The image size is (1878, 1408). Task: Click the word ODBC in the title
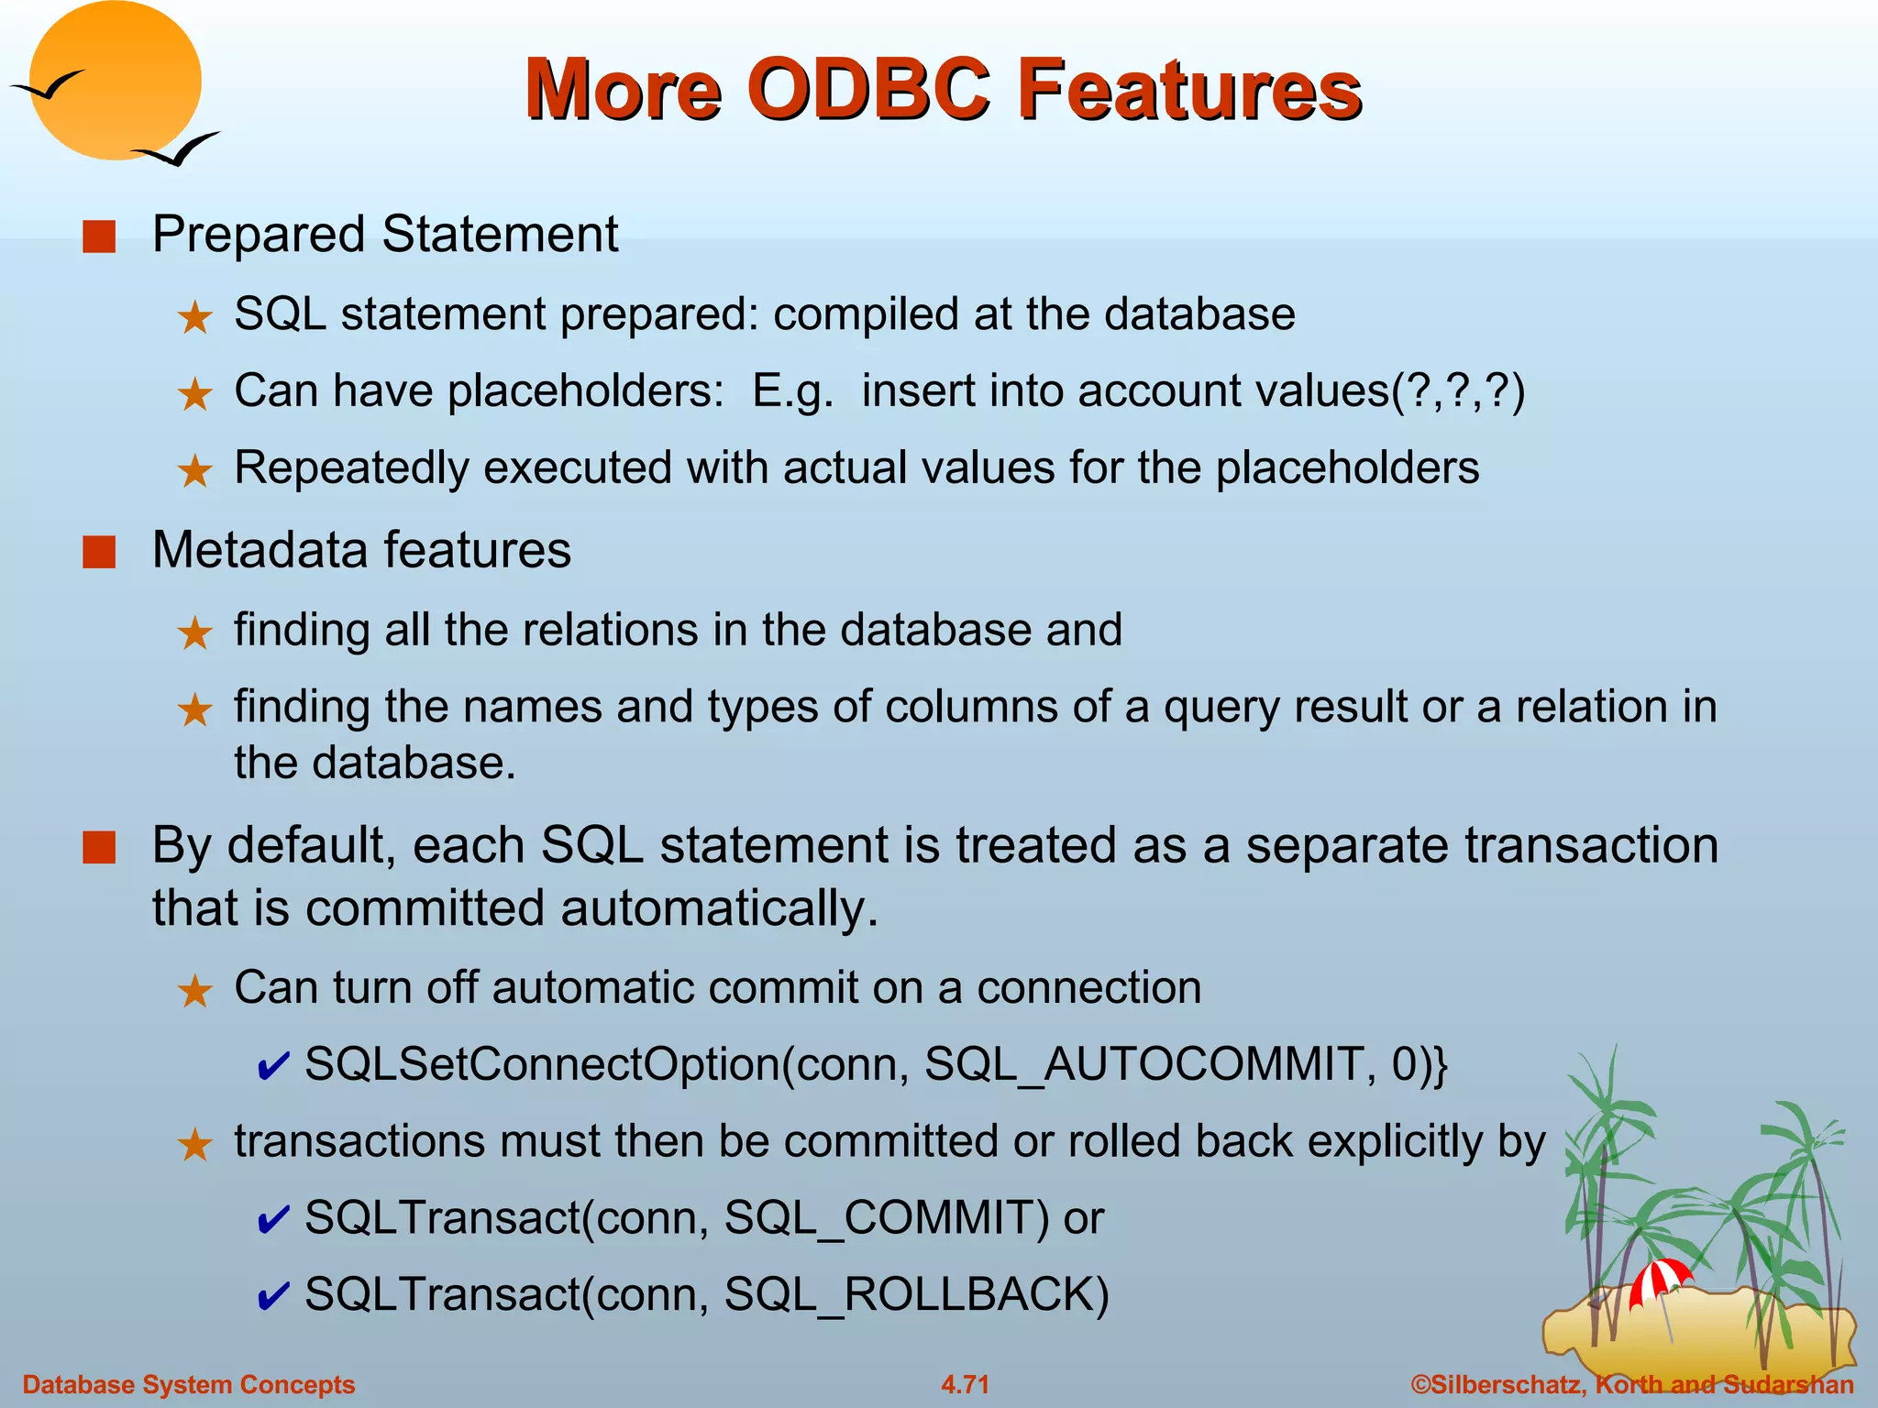point(867,89)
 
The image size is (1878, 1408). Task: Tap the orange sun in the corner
point(115,81)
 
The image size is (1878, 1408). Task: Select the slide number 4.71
point(965,1384)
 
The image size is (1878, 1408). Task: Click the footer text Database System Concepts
point(188,1384)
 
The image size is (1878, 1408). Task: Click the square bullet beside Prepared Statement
point(99,236)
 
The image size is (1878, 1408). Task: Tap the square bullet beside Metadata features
point(99,553)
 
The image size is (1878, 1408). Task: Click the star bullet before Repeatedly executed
point(194,471)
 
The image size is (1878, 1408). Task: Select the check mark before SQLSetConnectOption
point(273,1066)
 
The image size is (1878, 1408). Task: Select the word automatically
point(719,908)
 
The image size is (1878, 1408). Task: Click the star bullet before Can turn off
point(194,991)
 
